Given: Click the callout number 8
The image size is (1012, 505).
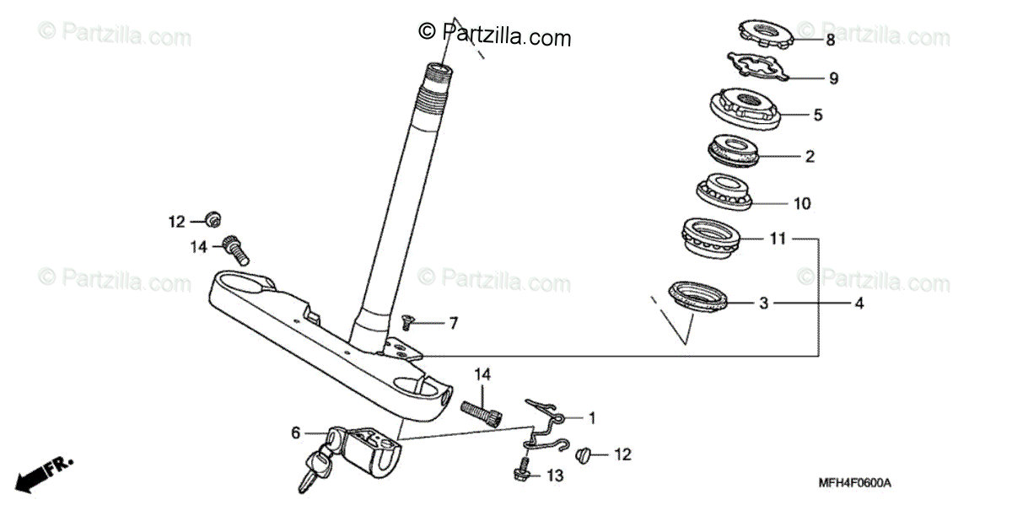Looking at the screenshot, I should tap(830, 40).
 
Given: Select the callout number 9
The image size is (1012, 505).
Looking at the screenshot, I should tap(833, 78).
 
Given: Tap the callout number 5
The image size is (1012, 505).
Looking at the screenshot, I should tap(817, 115).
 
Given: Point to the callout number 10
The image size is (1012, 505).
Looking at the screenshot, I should tap(801, 203).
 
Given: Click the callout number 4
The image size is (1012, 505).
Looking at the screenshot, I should tap(859, 303).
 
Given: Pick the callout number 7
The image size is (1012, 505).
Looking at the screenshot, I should tap(453, 323).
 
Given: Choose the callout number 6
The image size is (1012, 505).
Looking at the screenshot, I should tap(296, 432).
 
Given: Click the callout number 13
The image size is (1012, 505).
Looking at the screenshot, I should tap(553, 476).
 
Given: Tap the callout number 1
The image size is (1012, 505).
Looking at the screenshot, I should tap(591, 417).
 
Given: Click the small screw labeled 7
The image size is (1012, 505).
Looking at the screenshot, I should tap(408, 320).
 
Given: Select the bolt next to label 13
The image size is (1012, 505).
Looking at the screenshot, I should tap(522, 468).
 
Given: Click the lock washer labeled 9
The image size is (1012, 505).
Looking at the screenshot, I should tap(756, 67).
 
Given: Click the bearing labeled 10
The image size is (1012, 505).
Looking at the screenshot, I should tap(723, 191).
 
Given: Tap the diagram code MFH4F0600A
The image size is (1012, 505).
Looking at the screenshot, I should tap(854, 483).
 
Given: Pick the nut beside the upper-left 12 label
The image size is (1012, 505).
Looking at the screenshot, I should tap(213, 220).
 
